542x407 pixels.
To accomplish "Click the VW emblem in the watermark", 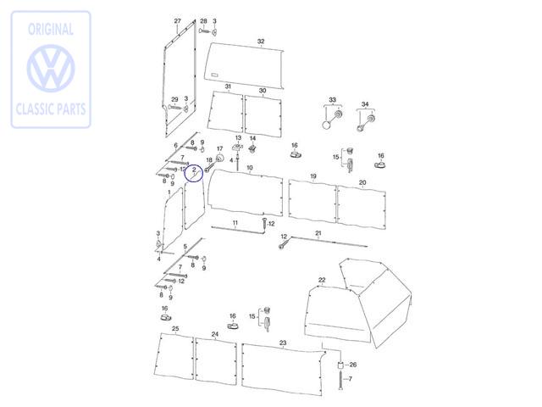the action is (x=51, y=68).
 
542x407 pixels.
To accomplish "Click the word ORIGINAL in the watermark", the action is (x=51, y=30).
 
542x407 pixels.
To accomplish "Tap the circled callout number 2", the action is (x=194, y=170).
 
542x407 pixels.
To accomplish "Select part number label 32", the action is (x=261, y=42).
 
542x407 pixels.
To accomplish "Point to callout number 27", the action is (x=177, y=20).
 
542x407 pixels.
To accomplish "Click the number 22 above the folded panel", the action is (x=322, y=280).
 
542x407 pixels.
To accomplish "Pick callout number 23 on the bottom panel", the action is (x=283, y=343).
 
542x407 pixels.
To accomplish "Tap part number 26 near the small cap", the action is (x=352, y=365).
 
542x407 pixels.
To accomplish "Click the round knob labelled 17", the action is (x=219, y=159).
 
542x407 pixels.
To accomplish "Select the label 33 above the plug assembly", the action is (x=332, y=100).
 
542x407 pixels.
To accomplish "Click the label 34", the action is (x=365, y=103).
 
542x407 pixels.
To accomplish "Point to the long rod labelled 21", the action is (x=329, y=242).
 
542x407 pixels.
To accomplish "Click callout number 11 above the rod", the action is (x=235, y=222).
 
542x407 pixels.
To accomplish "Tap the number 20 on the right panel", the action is (x=362, y=182).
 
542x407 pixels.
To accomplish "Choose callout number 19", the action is (x=313, y=176).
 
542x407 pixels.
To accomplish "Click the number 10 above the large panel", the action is (x=250, y=168).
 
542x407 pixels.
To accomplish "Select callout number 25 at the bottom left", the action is (x=175, y=328).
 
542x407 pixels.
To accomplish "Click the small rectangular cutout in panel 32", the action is (x=214, y=75).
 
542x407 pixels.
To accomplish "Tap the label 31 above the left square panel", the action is (x=228, y=86).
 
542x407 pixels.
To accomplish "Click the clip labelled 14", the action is (x=252, y=149).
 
